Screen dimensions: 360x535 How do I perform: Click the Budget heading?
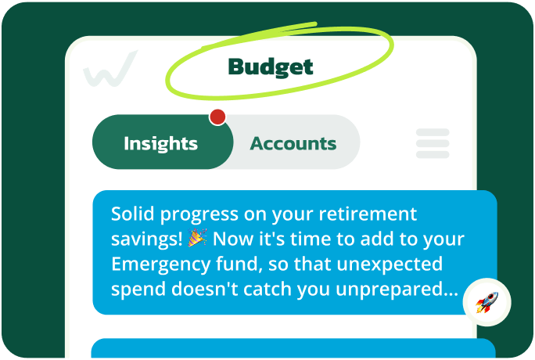[270, 67]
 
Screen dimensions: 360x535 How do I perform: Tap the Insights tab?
[161, 143]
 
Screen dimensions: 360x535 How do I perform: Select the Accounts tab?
[293, 143]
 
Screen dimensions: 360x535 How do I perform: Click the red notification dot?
[217, 117]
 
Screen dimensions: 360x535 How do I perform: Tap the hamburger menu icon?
[433, 143]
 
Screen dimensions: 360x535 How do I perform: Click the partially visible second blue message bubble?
[293, 349]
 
